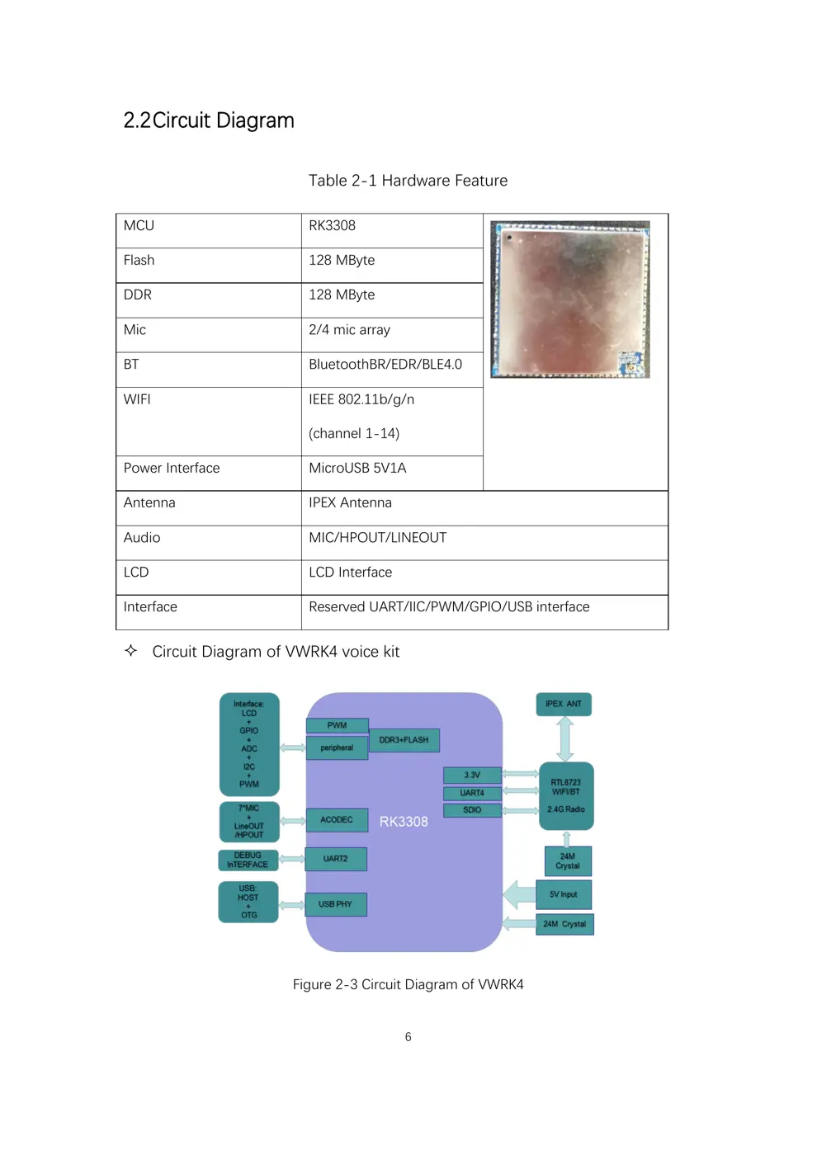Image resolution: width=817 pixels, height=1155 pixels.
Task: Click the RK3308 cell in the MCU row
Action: click(333, 226)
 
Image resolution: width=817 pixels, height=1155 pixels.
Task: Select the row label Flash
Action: click(139, 261)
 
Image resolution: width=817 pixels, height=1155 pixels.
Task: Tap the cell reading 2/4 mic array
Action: click(349, 330)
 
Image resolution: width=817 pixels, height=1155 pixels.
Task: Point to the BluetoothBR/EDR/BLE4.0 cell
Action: click(385, 365)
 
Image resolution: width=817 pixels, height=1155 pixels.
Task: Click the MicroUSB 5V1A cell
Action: click(357, 469)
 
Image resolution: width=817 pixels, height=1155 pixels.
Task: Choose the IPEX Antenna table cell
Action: click(350, 503)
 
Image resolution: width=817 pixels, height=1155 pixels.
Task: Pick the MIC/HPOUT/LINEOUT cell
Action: click(377, 538)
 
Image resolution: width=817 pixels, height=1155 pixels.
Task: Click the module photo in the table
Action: click(570, 299)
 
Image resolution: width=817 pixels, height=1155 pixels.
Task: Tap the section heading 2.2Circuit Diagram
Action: click(209, 120)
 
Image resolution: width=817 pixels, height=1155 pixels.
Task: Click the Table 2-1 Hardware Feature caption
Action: click(408, 181)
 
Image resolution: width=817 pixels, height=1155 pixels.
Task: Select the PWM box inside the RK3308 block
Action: click(337, 725)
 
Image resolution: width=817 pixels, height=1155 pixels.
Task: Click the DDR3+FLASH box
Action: click(404, 740)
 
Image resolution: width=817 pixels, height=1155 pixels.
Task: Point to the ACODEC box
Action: click(337, 820)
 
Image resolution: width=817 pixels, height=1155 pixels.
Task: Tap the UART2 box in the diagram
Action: click(336, 859)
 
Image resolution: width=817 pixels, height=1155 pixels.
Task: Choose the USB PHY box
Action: click(336, 904)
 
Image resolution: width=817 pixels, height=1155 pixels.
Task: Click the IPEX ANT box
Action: click(564, 704)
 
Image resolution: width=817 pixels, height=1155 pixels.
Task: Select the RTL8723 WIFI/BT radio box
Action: click(566, 795)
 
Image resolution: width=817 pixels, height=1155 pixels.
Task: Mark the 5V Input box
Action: click(564, 894)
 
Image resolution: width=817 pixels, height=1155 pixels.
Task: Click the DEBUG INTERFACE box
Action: click(248, 860)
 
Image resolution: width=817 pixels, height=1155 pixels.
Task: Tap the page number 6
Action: click(408, 1037)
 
